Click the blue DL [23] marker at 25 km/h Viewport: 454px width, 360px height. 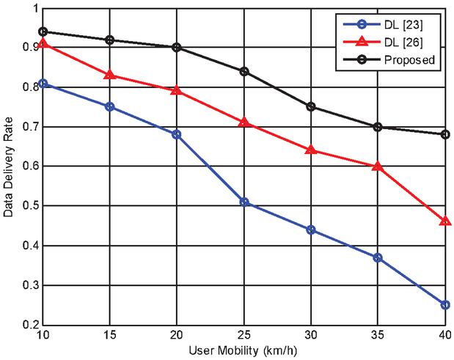244,202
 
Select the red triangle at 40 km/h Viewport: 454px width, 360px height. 445,220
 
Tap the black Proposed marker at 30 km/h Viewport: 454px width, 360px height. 311,106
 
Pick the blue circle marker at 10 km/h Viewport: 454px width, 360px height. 43,84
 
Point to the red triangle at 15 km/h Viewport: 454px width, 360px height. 109,75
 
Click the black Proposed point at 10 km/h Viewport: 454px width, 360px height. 43,32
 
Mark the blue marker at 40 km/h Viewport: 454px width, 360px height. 445,304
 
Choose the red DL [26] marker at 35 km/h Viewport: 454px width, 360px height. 378,166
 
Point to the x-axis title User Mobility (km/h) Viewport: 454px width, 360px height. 244,353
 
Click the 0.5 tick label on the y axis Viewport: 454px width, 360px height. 28,206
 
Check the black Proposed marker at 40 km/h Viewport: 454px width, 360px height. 445,134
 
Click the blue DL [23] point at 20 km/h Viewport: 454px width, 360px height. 177,134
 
